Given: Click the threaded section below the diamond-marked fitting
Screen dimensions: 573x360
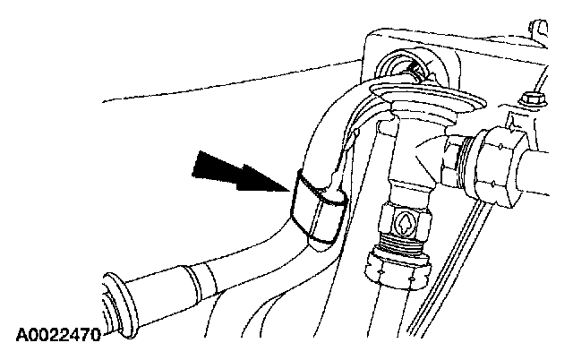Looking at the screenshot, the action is pyautogui.click(x=402, y=243).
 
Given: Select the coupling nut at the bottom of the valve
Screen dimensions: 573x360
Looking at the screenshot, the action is pyautogui.click(x=400, y=267).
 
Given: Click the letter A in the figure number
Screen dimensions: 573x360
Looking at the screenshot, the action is pyautogui.click(x=21, y=338).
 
